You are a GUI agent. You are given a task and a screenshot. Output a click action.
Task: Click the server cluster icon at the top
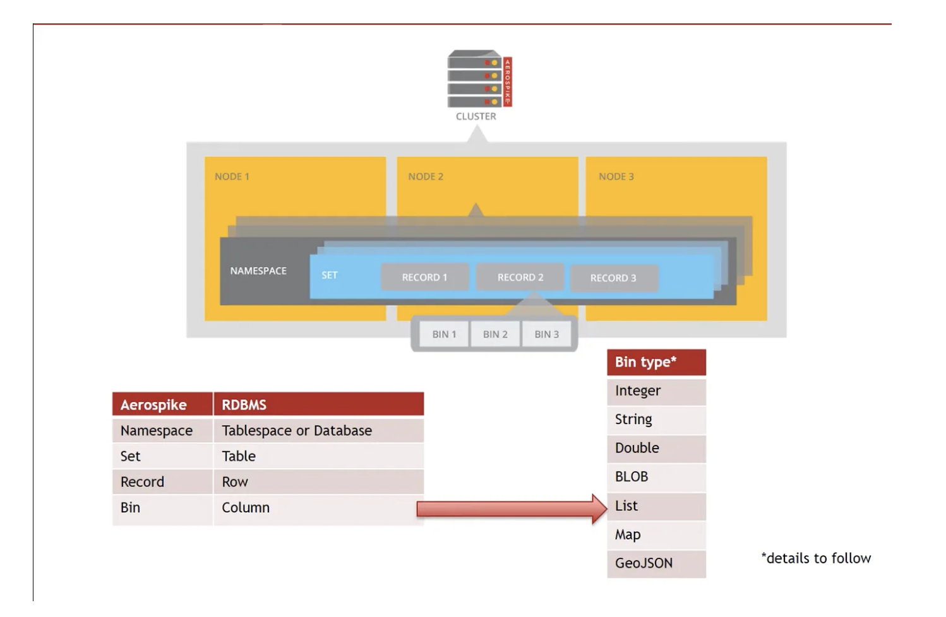point(479,79)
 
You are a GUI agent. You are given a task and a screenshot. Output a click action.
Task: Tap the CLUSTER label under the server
point(476,117)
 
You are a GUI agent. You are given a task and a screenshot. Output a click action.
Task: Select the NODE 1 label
point(232,177)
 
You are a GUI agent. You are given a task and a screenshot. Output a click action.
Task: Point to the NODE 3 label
point(616,177)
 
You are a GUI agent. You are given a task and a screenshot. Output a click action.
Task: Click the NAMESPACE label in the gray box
point(258,271)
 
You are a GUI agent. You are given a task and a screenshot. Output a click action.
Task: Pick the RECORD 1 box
point(424,278)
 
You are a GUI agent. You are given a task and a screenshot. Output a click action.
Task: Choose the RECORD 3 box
point(613,278)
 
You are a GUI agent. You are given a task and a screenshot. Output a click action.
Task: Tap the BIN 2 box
point(495,334)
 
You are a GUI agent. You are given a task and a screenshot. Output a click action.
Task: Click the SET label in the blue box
point(329,275)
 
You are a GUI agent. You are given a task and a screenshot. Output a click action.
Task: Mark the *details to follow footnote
point(816,558)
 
